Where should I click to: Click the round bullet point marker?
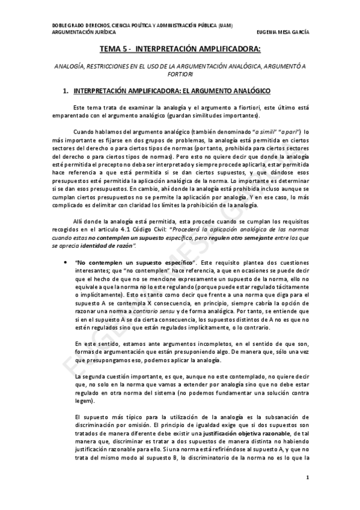pyautogui.click(x=64, y=263)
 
